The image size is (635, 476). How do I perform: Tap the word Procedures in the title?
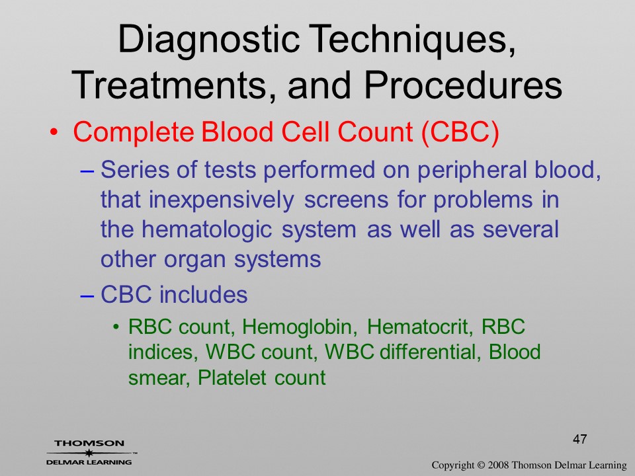[463, 85]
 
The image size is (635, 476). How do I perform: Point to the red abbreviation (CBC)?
[460, 132]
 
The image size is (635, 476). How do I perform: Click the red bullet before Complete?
[54, 132]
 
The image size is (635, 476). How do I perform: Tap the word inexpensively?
[222, 200]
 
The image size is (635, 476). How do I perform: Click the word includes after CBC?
[203, 294]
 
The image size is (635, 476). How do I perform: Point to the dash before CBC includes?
[87, 296]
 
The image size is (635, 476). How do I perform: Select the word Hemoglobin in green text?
[300, 327]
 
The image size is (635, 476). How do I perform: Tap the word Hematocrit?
[419, 327]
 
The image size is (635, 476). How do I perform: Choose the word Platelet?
[232, 377]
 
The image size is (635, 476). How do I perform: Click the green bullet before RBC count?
[116, 327]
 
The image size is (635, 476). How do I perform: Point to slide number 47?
[580, 439]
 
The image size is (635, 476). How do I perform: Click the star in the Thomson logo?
[89, 453]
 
